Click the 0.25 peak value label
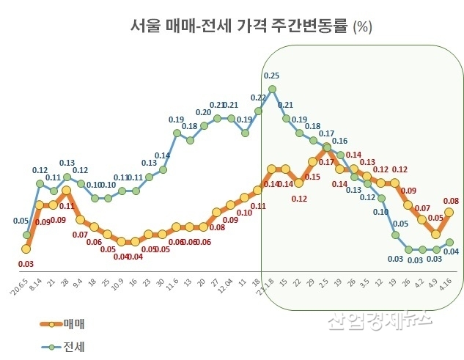pos(271,76)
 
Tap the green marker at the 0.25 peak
pos(272,89)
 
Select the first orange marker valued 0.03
pos(26,250)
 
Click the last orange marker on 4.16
pos(449,213)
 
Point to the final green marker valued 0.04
pos(449,243)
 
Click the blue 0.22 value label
pos(258,98)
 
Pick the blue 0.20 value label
pos(203,112)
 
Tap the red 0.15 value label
pos(312,177)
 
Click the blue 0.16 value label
pos(339,141)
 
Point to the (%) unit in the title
pos(363,28)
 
